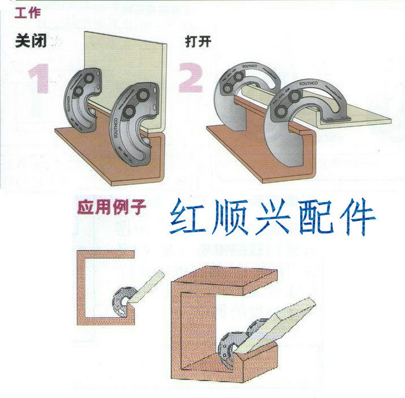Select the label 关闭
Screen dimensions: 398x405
click(31, 42)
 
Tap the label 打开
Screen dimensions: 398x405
click(196, 43)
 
